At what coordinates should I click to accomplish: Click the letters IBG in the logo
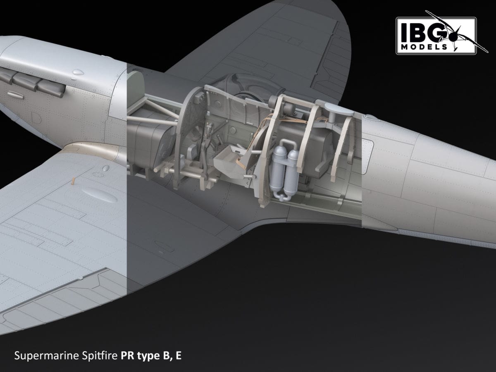coord(417,31)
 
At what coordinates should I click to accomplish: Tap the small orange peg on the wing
coord(73,181)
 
